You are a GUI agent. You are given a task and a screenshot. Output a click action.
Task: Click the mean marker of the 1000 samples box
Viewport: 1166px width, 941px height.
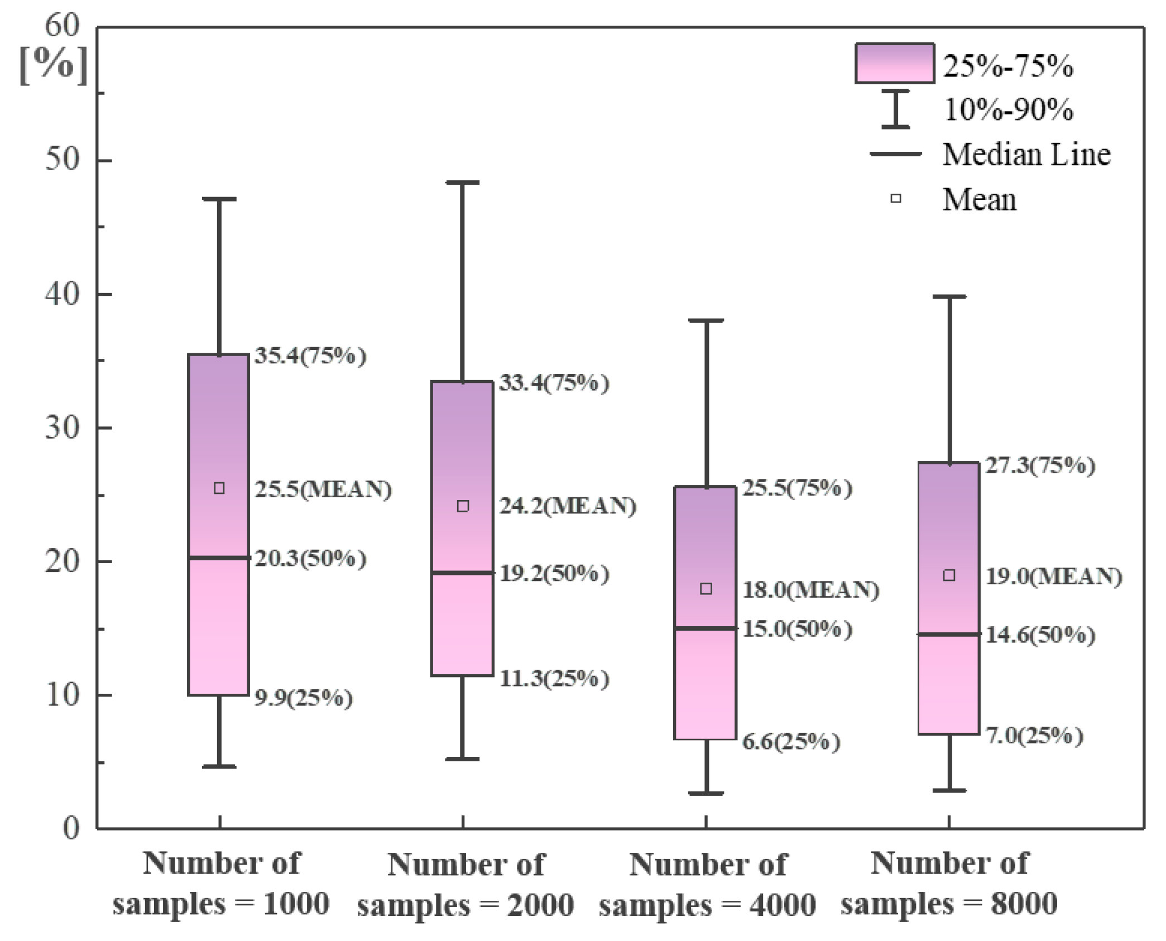[219, 488]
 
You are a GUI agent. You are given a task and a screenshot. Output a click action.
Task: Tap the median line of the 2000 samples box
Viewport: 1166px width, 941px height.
[462, 573]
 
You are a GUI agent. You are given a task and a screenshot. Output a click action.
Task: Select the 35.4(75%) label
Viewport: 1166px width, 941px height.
[310, 356]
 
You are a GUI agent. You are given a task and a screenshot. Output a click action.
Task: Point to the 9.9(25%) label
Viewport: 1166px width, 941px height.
[304, 698]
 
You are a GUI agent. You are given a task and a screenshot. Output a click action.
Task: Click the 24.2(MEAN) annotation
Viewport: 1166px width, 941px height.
[567, 506]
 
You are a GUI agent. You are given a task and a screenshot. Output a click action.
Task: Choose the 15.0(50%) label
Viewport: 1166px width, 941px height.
[796, 629]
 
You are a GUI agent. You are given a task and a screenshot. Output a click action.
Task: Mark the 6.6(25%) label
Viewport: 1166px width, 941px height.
[790, 741]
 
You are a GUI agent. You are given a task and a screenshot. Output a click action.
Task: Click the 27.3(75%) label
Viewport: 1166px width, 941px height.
[1040, 465]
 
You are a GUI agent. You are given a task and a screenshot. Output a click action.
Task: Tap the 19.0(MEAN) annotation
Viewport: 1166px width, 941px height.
[1053, 576]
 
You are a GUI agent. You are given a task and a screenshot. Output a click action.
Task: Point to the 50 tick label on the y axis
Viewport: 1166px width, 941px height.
[62, 160]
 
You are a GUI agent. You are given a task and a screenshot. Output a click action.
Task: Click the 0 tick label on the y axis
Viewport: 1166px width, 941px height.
[71, 828]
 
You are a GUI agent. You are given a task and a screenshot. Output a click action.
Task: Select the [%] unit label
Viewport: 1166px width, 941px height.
[54, 65]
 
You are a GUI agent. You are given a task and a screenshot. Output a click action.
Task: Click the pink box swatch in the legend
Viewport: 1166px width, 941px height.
[894, 64]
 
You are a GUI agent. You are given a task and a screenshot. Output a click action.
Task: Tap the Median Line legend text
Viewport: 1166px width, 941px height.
[1026, 155]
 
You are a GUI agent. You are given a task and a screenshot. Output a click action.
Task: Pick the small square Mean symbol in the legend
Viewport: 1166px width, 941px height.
[895, 198]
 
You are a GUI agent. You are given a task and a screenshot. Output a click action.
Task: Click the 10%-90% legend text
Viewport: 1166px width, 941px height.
[1008, 109]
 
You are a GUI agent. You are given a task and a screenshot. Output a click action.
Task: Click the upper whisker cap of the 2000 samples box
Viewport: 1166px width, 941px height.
[462, 183]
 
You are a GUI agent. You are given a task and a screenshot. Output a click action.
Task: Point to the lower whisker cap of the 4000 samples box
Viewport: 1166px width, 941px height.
[706, 793]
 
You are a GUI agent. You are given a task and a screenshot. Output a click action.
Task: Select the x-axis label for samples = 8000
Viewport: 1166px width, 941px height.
[949, 883]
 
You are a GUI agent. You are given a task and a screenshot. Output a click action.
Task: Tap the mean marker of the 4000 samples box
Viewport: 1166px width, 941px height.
[706, 589]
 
